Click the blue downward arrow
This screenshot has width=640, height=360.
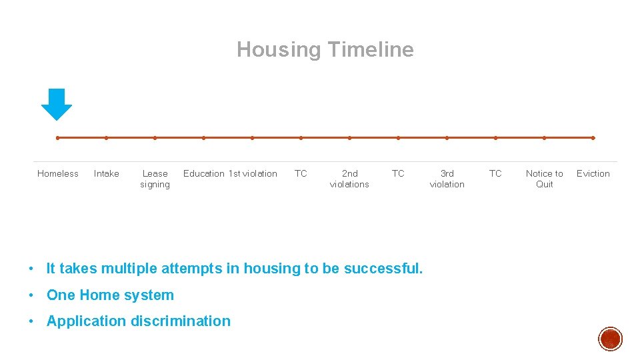coord(57,104)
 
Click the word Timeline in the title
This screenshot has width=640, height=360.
coord(370,49)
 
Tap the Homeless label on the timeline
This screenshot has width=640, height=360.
coord(58,173)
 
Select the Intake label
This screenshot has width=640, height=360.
coord(107,173)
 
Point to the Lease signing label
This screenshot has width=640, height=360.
coord(155,179)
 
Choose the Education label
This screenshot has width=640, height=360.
coord(203,173)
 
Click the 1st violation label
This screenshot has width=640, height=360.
coord(253,173)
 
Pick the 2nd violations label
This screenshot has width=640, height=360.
coord(349,179)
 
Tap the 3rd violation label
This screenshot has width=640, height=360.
coord(447,179)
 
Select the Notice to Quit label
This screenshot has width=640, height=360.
coord(544,179)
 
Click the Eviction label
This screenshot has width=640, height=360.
coord(593,173)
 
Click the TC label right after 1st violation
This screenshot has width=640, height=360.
coord(301,173)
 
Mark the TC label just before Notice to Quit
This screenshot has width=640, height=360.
coord(495,173)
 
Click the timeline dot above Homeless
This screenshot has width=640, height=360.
coord(58,138)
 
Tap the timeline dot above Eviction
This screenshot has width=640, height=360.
coord(593,138)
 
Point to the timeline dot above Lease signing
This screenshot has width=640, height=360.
coord(155,138)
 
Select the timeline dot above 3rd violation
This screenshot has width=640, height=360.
coord(447,138)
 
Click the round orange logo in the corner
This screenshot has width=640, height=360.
coord(610,339)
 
